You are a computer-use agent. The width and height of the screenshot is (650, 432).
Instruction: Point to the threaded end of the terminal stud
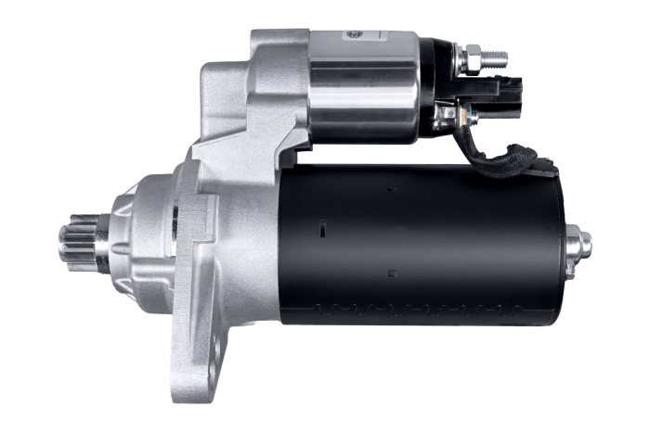496,57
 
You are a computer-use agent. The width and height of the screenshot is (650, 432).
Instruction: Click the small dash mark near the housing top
391,188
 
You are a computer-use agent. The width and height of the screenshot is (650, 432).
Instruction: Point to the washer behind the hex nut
459,60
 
